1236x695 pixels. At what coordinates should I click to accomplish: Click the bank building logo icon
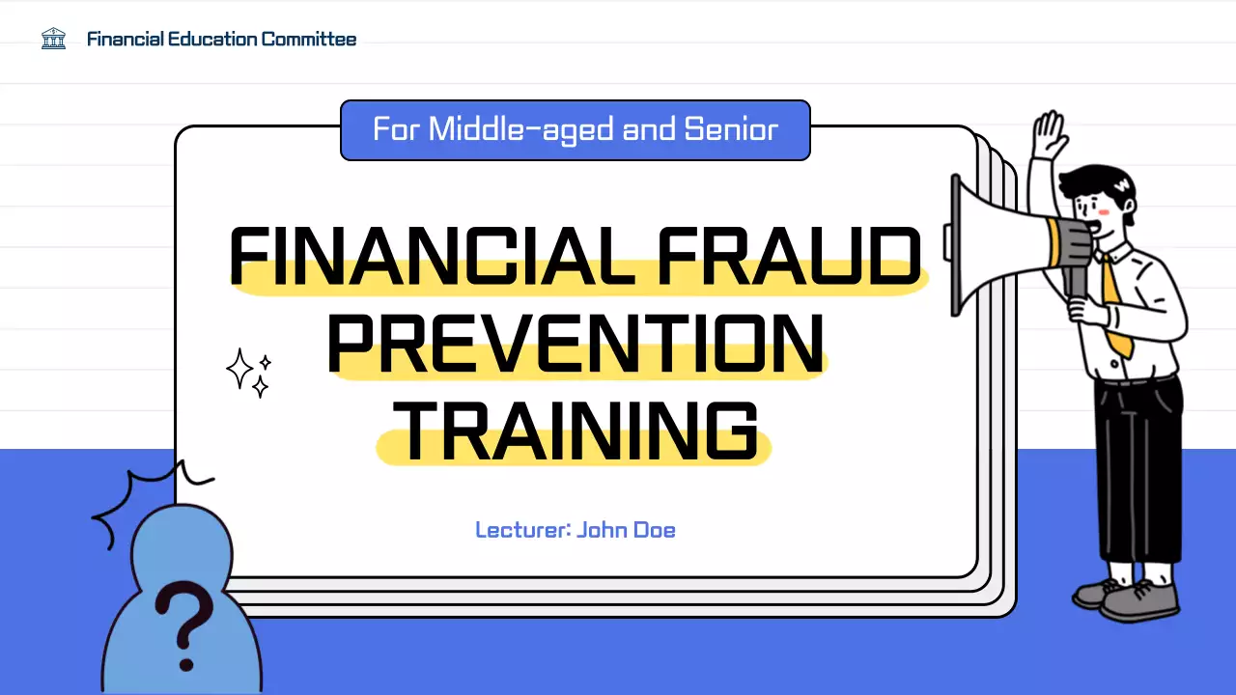53,40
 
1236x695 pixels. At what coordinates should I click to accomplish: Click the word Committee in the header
309,40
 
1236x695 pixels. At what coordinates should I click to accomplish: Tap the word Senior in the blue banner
731,129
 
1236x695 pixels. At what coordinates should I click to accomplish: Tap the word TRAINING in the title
576,431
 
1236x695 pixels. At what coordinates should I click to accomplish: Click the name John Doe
626,530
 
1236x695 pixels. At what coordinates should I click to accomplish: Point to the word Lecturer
521,530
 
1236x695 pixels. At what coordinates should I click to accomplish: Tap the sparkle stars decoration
247,373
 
